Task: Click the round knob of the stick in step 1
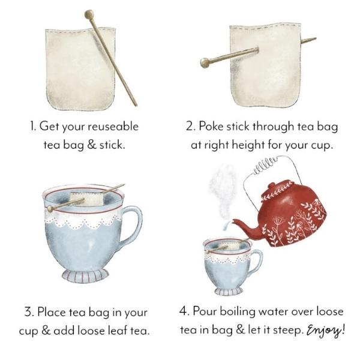(89, 14)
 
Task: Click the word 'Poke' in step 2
(211, 127)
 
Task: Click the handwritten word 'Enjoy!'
(327, 330)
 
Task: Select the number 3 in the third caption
(28, 312)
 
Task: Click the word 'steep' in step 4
(287, 331)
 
